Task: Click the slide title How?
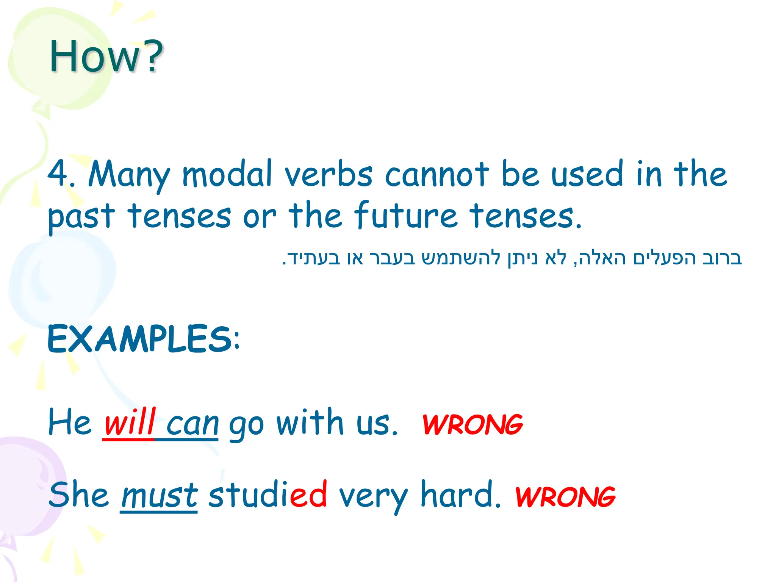pos(106,57)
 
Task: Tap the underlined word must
pos(159,496)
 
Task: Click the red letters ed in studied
pos(308,494)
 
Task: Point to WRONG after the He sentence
pos(472,424)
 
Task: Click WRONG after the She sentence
pos(565,497)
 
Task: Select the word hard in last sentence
pos(460,494)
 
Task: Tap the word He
pos(70,422)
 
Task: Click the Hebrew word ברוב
pos(721,258)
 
